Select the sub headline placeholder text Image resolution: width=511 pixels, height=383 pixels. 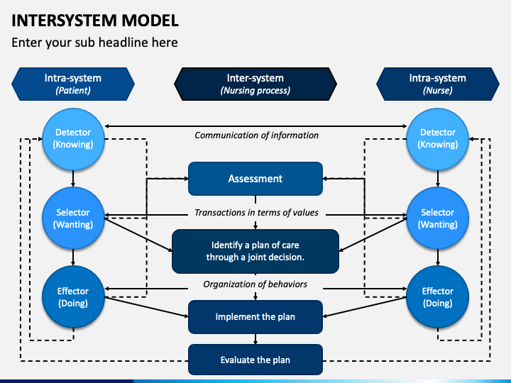point(94,43)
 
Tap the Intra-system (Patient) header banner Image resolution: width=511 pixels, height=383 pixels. point(73,84)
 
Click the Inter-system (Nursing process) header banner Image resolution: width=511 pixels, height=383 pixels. point(255,84)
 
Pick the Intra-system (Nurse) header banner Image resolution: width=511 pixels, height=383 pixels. point(437,84)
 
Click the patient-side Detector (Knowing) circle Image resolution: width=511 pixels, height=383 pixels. point(73,138)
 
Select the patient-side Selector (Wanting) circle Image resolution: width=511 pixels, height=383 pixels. point(73,218)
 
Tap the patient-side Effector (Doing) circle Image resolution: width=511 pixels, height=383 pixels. point(73,297)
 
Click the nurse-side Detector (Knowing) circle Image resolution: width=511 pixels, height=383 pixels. point(437,138)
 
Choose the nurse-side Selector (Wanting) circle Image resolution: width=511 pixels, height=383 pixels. point(437,218)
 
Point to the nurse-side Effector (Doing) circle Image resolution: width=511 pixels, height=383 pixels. point(437,297)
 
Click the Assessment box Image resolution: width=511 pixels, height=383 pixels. point(255,179)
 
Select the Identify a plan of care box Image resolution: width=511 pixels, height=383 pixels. point(255,251)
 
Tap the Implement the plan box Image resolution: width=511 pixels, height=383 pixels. point(255,316)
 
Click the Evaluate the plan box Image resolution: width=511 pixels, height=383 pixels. point(255,360)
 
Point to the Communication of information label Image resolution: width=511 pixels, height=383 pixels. point(256,135)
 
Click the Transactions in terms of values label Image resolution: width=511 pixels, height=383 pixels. point(256,213)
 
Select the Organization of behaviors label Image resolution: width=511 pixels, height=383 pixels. point(255,284)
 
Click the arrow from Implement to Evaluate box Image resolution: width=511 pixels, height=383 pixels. point(255,338)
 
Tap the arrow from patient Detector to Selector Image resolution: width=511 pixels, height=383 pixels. point(73,179)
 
